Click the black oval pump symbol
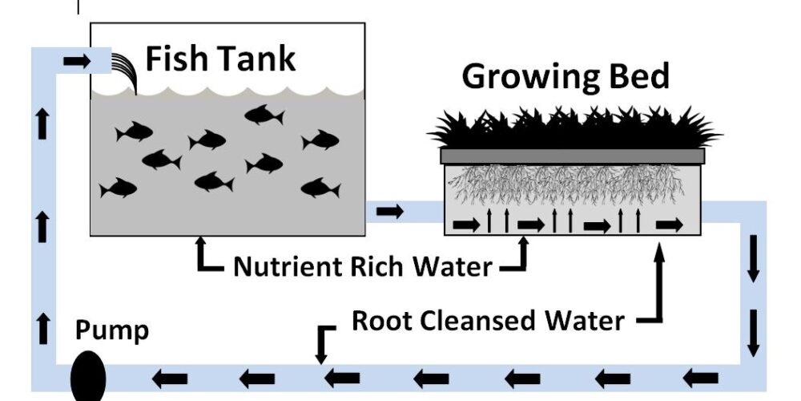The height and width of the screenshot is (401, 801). (88, 377)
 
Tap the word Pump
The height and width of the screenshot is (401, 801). (112, 330)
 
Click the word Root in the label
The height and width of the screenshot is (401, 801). (384, 321)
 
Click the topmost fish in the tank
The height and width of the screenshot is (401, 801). (264, 115)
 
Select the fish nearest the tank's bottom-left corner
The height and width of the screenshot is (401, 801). (119, 188)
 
